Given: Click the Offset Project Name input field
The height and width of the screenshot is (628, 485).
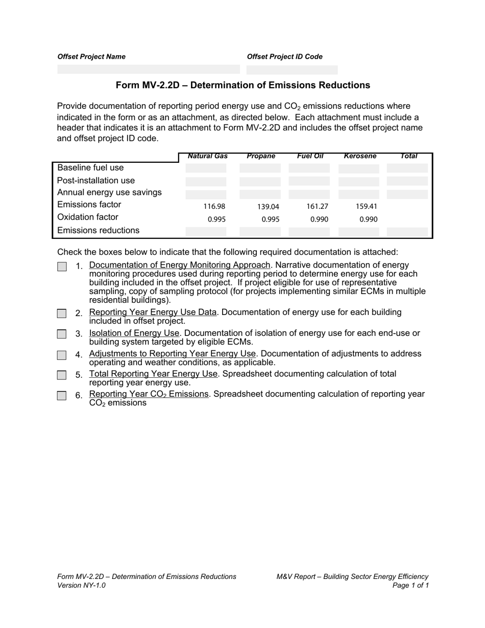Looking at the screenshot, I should coord(148,69).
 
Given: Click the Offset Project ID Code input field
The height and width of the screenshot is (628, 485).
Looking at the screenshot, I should coord(292,70).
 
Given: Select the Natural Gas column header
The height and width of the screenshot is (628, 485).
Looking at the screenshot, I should coord(207,156).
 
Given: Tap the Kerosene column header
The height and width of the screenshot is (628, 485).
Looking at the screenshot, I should coord(360,156).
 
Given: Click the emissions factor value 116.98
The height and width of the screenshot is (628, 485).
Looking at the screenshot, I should coord(214,207).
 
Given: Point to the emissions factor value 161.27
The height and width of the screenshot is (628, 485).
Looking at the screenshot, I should coord(317,207).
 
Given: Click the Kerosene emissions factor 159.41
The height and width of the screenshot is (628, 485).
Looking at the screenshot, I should coord(366,207).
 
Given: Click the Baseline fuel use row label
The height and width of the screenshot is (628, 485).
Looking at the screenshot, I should coord(90,168).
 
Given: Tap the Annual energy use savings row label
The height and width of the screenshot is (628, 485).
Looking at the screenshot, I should coord(109,192).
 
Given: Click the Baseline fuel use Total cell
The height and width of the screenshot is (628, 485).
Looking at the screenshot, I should coord(407,168).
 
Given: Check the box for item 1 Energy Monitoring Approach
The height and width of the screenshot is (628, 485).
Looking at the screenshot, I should coord(62,267).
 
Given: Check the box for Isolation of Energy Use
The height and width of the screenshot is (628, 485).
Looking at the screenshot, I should coord(62,334).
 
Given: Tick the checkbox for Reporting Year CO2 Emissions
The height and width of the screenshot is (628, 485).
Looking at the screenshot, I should coord(62,396).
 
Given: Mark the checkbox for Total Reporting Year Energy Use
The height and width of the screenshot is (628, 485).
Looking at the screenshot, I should coord(62,375).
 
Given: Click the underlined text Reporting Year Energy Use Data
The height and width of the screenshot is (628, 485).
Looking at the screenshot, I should coord(153,312).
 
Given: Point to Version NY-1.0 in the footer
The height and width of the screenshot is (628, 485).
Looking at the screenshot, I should coord(82,586).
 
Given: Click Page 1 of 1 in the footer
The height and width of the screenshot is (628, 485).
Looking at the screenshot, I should coord(410,586).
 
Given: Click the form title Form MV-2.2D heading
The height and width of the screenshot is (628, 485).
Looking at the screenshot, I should coord(243,85).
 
